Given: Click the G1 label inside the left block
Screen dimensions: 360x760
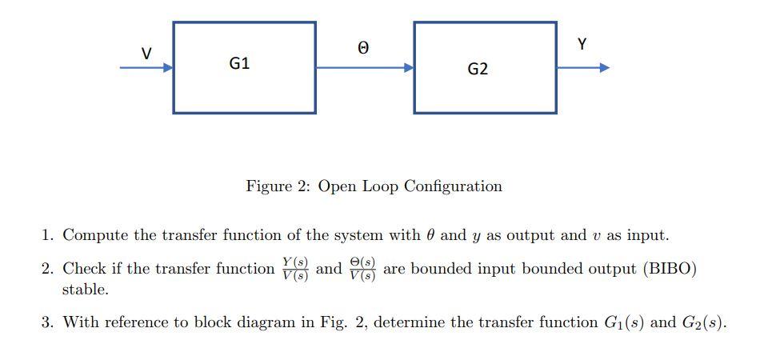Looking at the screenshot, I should click(x=239, y=63).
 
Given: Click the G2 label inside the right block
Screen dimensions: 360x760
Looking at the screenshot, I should click(x=478, y=70).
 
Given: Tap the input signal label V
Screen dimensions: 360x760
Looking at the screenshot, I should click(x=146, y=54).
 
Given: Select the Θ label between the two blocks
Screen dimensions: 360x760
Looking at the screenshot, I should click(x=363, y=49).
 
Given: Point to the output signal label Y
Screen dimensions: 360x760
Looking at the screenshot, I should click(x=582, y=45).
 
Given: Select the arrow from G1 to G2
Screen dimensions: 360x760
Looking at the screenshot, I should click(x=365, y=68).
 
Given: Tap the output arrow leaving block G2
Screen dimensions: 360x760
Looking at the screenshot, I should click(x=583, y=68).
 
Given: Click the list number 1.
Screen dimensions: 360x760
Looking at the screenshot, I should click(x=47, y=235).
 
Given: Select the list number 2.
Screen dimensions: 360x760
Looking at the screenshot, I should click(x=47, y=269).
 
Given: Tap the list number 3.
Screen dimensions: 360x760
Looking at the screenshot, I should click(x=47, y=322).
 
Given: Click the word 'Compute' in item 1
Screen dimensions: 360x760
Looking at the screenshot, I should click(x=93, y=235).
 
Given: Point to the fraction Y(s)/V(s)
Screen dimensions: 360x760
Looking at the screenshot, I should click(x=295, y=269).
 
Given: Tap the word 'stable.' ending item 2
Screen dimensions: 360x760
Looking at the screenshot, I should click(x=85, y=290).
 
